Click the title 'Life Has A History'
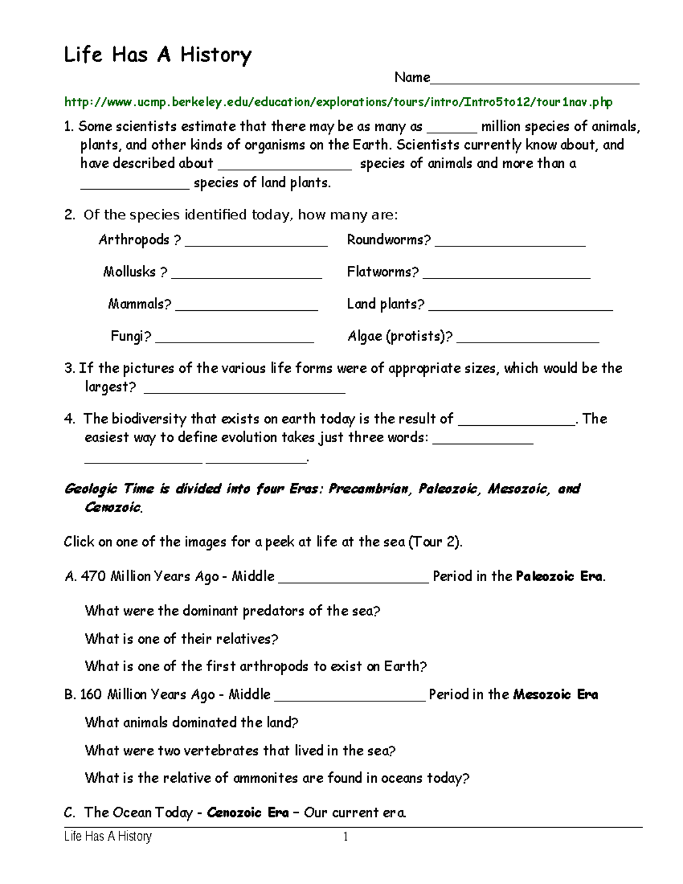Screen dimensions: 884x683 pos(157,55)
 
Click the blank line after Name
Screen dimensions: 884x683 pos(534,80)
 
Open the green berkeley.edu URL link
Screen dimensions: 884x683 pos(338,102)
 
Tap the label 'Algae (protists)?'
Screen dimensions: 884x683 pos(400,336)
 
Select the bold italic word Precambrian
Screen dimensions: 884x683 pos(369,489)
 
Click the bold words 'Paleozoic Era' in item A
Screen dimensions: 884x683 pos(559,577)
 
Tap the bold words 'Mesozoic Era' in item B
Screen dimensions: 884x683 pos(556,694)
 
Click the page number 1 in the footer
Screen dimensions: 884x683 pos(345,837)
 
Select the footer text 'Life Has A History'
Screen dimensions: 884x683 pos(108,837)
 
